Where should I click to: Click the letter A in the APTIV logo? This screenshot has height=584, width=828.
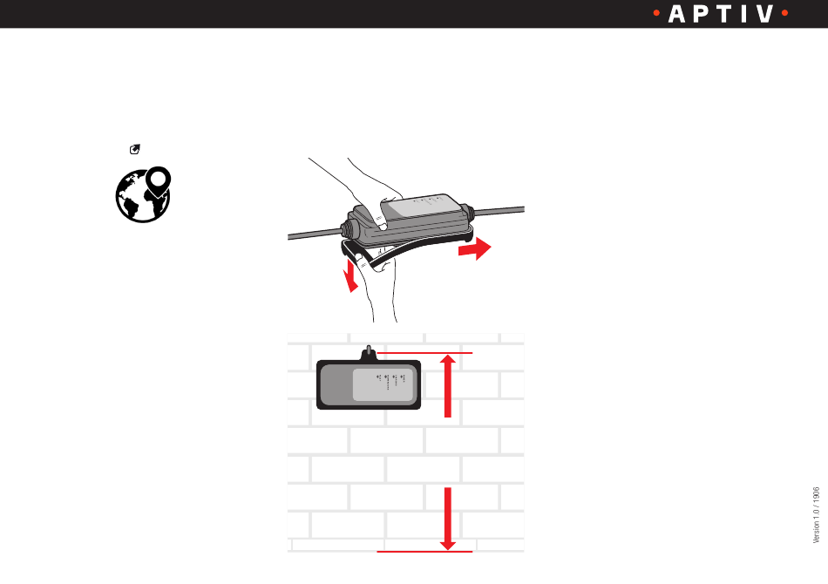pyautogui.click(x=676, y=15)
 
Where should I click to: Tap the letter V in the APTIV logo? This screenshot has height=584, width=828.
pyautogui.click(x=764, y=15)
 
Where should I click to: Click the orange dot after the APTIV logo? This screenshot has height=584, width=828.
pyautogui.click(x=784, y=15)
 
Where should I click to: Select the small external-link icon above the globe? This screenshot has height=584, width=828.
pyautogui.click(x=136, y=151)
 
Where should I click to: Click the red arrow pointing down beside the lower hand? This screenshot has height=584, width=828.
pyautogui.click(x=351, y=278)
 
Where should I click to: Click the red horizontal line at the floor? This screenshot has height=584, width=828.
pyautogui.click(x=424, y=552)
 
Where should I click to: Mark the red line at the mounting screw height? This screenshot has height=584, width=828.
pyautogui.click(x=427, y=353)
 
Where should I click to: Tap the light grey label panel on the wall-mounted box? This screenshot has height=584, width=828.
pyautogui.click(x=383, y=385)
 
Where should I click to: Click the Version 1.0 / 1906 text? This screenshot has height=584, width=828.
pyautogui.click(x=817, y=514)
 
